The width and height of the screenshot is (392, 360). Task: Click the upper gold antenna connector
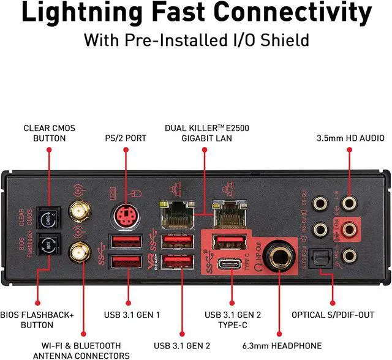pos(78,212)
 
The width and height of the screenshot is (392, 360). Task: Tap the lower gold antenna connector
pos(78,251)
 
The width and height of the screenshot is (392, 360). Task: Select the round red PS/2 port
pos(125,216)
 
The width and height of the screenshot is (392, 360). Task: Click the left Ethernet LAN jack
pos(173,215)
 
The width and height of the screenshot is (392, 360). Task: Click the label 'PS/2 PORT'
pos(125,138)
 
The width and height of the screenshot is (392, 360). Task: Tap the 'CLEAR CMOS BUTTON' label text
pos(46,133)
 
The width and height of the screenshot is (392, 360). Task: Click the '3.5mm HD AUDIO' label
pos(350,138)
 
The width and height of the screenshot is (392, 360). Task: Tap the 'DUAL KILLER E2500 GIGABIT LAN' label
pos(207,133)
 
